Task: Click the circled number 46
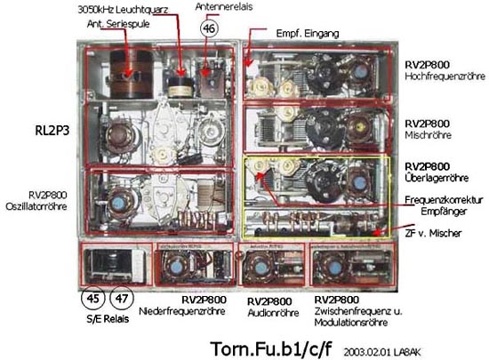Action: (x=209, y=28)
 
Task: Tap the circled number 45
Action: (x=93, y=299)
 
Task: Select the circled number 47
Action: (x=122, y=299)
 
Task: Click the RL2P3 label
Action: (x=52, y=131)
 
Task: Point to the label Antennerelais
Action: (x=224, y=6)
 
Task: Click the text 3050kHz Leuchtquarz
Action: (x=123, y=10)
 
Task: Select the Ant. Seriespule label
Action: (x=118, y=24)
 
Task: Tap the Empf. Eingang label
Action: (x=308, y=34)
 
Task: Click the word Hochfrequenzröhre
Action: (x=445, y=76)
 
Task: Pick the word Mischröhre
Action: (x=429, y=135)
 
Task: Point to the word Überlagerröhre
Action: (x=437, y=178)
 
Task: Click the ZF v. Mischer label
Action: (x=433, y=233)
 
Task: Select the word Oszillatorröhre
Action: (x=36, y=206)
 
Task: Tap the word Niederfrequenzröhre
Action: (x=181, y=311)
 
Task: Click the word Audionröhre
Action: (x=273, y=313)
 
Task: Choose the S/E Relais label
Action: (x=108, y=319)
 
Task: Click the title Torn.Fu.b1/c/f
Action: (x=270, y=348)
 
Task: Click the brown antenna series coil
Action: (x=131, y=75)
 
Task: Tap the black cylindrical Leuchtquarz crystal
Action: (x=180, y=86)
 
